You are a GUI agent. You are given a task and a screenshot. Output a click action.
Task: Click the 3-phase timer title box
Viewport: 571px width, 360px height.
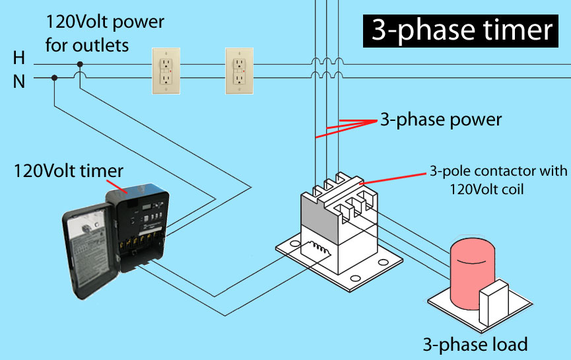(x=460, y=30)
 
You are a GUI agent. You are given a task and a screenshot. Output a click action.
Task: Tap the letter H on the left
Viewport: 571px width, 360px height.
(x=19, y=58)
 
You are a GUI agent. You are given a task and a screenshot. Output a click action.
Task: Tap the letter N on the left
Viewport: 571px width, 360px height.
(x=19, y=82)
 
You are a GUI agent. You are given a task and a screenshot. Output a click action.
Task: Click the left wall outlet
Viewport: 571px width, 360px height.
(x=166, y=71)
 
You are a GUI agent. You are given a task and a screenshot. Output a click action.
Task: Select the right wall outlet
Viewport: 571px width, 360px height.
(x=239, y=71)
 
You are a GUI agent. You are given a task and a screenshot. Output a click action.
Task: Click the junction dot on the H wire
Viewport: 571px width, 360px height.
(x=80, y=65)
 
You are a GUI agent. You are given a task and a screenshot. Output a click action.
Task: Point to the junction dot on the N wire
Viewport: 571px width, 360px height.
(x=54, y=77)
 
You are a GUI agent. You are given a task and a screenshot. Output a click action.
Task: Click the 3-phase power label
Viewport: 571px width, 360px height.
(x=441, y=120)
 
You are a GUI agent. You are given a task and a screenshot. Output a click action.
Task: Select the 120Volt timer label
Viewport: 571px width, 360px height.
(x=69, y=171)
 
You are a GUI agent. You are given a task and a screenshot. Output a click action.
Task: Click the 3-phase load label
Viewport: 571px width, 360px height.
(x=475, y=344)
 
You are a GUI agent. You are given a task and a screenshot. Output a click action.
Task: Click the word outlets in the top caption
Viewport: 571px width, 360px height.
(x=100, y=46)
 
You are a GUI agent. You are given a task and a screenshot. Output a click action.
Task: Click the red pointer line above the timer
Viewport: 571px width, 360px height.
(x=117, y=186)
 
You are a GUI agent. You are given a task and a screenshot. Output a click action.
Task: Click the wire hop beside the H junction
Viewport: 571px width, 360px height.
(x=80, y=75)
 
